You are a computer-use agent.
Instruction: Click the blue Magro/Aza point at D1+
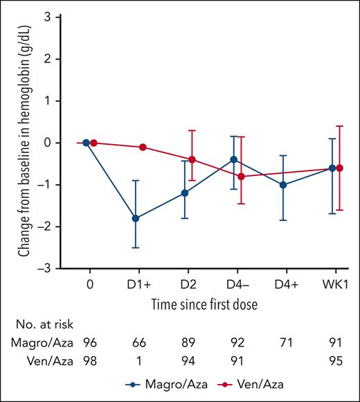tap(136, 218)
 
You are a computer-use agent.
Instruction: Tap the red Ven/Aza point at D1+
tap(143, 147)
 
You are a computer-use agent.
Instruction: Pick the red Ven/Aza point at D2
tap(192, 159)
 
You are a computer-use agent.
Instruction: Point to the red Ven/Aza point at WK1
tap(339, 168)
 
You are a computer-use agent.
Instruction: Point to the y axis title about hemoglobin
tap(24, 142)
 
